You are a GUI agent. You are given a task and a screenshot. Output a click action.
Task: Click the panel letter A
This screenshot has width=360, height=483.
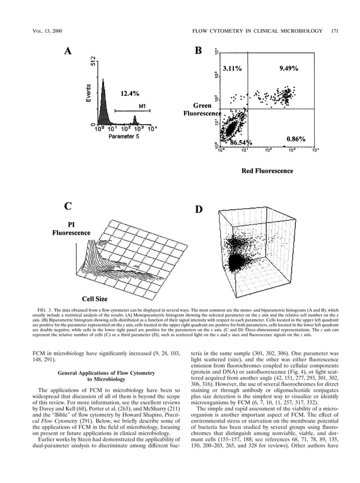click(x=68, y=51)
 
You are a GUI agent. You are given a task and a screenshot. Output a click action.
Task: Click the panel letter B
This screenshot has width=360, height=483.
click(x=198, y=51)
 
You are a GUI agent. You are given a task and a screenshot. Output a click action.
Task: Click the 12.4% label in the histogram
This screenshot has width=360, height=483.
click(x=130, y=93)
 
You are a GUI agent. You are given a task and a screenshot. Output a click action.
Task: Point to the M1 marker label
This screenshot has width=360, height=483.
click(x=142, y=106)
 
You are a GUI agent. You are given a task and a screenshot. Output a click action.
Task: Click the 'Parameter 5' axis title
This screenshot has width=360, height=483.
click(x=125, y=137)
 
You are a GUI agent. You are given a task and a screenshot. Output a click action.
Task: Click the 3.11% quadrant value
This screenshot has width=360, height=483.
click(x=232, y=68)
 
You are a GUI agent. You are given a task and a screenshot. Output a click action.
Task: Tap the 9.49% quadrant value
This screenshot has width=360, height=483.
click(x=289, y=68)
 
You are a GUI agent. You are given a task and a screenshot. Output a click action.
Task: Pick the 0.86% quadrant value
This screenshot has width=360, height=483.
click(x=296, y=138)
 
